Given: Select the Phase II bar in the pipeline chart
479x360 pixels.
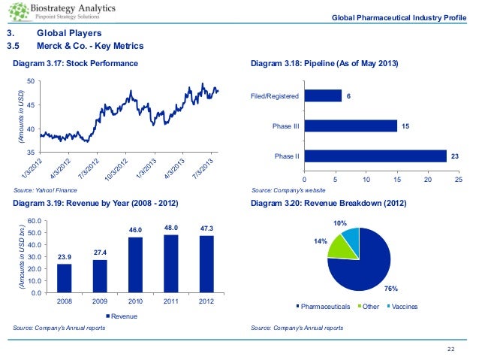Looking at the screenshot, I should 375,156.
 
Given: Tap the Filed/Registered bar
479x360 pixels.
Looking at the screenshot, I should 322,95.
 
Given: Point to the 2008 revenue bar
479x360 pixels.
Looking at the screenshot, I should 64,278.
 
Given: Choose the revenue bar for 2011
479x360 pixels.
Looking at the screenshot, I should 171,263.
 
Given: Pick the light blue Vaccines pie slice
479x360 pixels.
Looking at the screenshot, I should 351,239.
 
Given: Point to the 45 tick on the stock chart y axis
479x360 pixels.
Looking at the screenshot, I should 30,104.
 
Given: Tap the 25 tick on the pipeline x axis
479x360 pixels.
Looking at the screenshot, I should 458,180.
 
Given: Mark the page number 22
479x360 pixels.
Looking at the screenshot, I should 451,347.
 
